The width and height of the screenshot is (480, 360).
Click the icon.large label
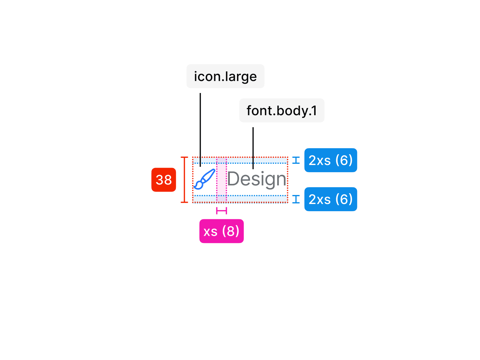(225, 76)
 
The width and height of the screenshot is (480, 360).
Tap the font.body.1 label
(282, 110)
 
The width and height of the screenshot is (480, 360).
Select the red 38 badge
(163, 180)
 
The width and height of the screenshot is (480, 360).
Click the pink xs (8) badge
(221, 231)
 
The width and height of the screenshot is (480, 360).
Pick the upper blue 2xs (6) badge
(331, 160)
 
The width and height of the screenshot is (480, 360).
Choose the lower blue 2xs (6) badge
(331, 199)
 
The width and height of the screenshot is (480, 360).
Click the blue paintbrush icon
(204, 179)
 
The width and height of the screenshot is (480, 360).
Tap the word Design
(257, 179)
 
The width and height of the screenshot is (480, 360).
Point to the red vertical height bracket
(184, 180)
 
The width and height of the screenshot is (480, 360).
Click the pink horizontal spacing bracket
(221, 211)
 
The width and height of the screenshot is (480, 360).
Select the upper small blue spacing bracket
(296, 160)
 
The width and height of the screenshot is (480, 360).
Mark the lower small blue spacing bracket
(296, 199)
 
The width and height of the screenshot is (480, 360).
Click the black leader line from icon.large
(200, 129)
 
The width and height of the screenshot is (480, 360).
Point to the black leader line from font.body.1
(253, 147)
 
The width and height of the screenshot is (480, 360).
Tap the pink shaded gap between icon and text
(221, 180)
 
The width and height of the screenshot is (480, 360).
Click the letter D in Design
(233, 179)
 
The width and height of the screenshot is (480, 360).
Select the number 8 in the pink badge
(231, 231)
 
